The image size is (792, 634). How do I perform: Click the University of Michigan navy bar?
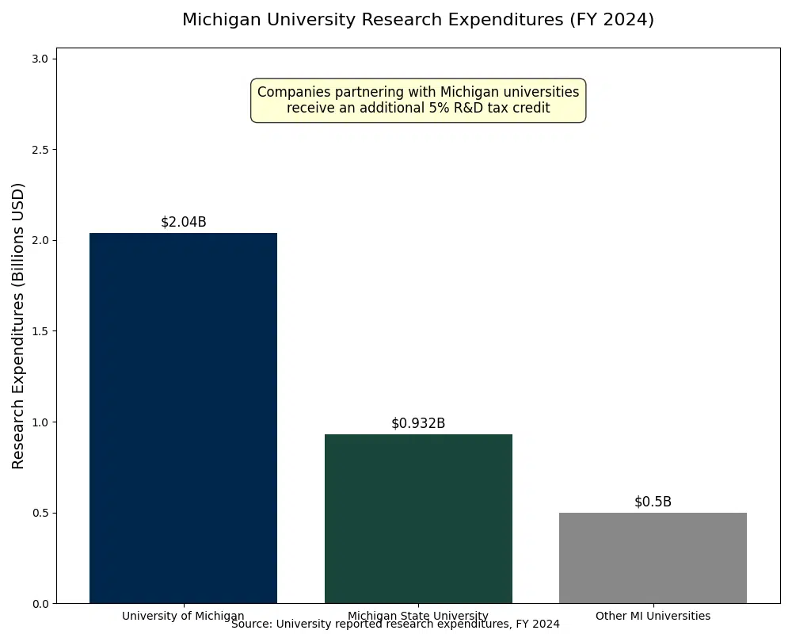(x=183, y=418)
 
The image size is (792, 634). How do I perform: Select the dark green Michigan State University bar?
(x=418, y=518)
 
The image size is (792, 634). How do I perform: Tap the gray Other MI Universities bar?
(x=653, y=558)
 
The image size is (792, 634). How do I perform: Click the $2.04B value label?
(x=183, y=222)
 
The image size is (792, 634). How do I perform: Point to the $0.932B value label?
(x=418, y=423)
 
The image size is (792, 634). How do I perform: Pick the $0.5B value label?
(x=653, y=502)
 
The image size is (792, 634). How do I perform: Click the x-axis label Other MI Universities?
(x=653, y=616)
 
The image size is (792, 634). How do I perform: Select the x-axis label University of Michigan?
(x=183, y=616)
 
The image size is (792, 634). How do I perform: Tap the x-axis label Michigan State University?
(x=418, y=616)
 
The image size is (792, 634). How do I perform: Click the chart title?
(x=418, y=20)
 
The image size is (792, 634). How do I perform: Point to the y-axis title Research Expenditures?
(x=19, y=326)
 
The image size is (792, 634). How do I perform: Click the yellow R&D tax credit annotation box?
(x=418, y=100)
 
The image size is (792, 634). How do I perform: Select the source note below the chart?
(x=395, y=624)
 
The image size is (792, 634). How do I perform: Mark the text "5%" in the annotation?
(x=440, y=108)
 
